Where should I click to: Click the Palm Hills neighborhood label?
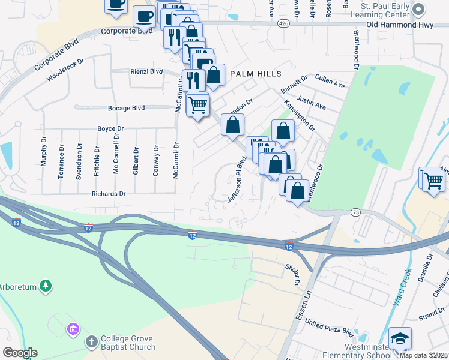click(x=256, y=73)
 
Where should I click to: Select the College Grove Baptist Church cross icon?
click(x=91, y=341)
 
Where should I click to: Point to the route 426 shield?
click(x=284, y=23)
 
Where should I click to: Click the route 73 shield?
click(x=356, y=212)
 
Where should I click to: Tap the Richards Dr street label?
click(x=109, y=194)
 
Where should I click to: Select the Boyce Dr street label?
click(x=110, y=128)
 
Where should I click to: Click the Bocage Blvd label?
click(x=126, y=108)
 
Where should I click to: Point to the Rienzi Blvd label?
click(x=146, y=71)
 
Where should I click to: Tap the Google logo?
click(x=20, y=353)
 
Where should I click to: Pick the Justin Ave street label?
click(x=311, y=104)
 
